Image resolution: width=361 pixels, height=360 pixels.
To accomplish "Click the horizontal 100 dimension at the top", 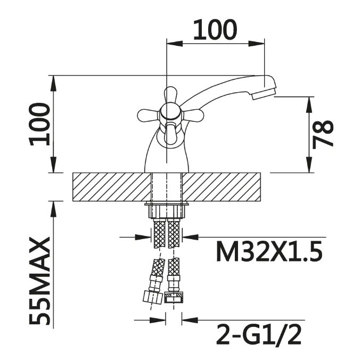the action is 215,29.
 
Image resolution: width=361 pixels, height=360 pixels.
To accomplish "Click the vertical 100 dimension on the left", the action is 39,124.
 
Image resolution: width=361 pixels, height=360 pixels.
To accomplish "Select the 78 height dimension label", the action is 323,134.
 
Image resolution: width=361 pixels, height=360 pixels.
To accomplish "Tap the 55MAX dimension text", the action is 39,281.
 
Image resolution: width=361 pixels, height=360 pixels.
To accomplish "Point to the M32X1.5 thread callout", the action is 269,252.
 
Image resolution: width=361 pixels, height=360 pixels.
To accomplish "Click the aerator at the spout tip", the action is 264,94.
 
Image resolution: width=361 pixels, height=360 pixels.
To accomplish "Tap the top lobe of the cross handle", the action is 170,95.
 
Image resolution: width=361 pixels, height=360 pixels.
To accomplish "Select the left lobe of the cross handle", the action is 148,115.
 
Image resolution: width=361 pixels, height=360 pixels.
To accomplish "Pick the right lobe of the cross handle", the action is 193,115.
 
